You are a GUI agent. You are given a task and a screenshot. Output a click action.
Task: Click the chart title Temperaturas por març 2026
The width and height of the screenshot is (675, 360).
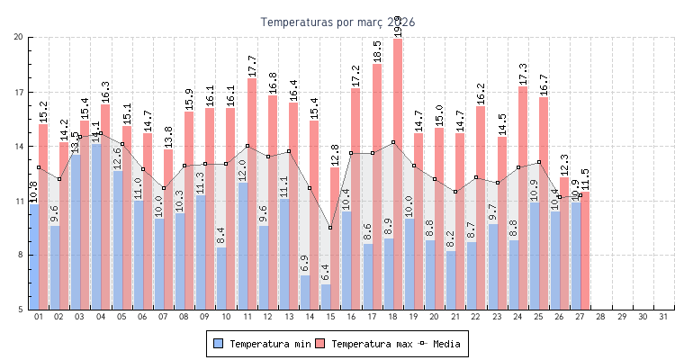[337, 22]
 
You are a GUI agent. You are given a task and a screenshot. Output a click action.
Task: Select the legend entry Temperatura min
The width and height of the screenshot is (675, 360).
[260, 344]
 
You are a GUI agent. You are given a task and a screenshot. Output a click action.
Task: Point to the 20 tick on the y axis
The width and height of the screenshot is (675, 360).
[19, 37]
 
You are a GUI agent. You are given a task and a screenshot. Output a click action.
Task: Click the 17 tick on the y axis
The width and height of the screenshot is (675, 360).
[19, 92]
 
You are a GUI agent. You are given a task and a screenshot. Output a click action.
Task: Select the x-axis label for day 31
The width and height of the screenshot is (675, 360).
[663, 317]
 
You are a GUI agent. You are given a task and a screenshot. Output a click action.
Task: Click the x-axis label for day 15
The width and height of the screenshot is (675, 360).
[330, 317]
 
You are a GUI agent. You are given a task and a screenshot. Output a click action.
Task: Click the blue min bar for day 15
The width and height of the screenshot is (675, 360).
[326, 297]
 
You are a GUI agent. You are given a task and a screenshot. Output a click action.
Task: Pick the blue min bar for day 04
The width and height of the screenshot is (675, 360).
[95, 225]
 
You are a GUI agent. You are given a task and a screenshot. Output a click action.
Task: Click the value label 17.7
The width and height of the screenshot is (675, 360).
[252, 66]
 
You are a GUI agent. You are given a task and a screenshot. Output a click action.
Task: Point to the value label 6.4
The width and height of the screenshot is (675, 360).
[326, 272]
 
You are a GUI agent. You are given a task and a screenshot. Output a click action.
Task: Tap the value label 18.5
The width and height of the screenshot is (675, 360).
[377, 51]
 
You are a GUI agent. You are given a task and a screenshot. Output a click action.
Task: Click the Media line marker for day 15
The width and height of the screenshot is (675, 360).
[330, 228]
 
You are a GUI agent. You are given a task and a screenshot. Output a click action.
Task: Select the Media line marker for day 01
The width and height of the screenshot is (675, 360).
[39, 167]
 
